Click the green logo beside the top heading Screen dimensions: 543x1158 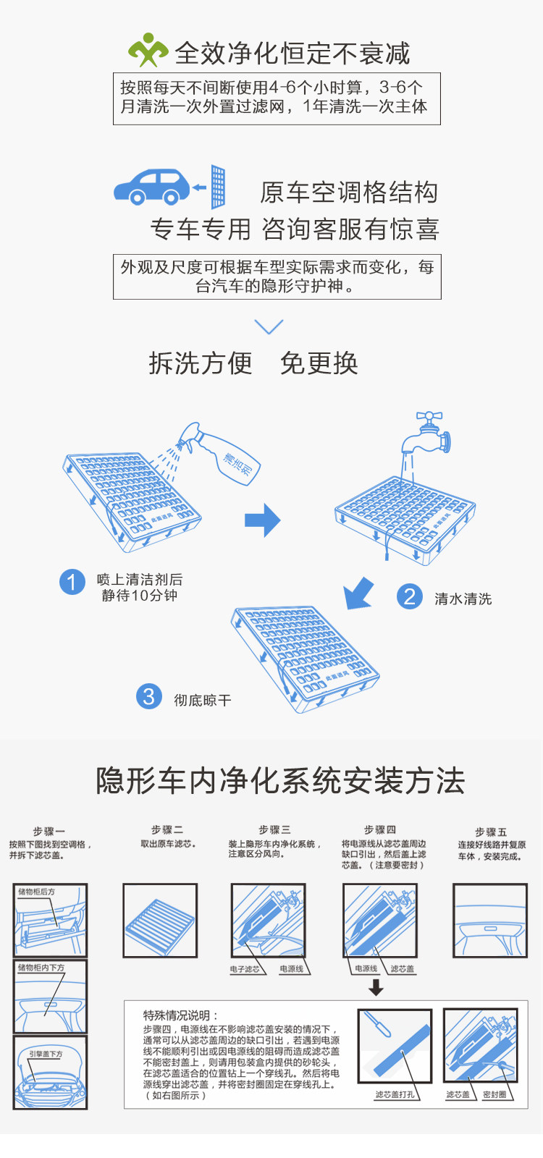tap(148, 50)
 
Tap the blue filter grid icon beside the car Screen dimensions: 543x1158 tap(218, 187)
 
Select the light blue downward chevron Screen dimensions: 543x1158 tap(269, 326)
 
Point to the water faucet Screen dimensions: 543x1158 tap(430, 432)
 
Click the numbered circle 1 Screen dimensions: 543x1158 tap(72, 582)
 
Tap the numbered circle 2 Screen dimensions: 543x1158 tap(410, 596)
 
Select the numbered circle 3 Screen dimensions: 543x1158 tap(148, 696)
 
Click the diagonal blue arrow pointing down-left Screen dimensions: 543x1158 tap(359, 593)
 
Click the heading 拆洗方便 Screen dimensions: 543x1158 tap(201, 363)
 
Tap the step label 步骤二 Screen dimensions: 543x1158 tap(167, 829)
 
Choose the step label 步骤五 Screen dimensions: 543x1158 tap(491, 832)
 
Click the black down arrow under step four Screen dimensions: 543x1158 tap(376, 987)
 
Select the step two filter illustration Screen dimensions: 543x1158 tap(160, 921)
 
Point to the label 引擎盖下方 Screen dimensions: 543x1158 tap(46, 1054)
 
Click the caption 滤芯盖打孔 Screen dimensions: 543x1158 tap(395, 1094)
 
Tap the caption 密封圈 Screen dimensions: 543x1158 tap(495, 1094)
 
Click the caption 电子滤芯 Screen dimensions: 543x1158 tap(245, 969)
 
